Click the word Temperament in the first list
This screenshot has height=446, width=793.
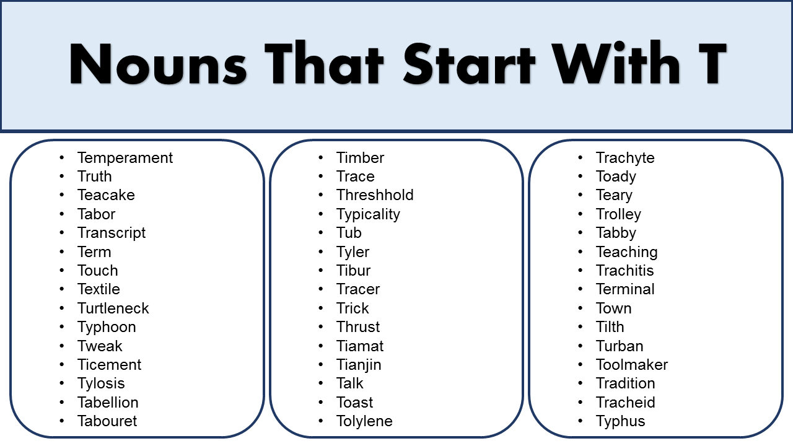coord(125,158)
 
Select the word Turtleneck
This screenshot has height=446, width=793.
coord(113,308)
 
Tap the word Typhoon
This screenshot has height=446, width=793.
coord(107,327)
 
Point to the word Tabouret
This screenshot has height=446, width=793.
coord(107,421)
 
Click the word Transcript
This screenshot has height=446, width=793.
coord(112,233)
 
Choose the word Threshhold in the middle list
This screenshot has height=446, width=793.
coord(375,195)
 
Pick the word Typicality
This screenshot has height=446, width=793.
coord(368,214)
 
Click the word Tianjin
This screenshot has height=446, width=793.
coord(359,365)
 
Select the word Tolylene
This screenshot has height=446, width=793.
coord(364,421)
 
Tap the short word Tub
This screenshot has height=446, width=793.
coord(349,233)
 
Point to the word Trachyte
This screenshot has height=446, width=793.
coord(625,158)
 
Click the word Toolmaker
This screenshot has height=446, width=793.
coord(632,365)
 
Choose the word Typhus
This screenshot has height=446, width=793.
coord(620,421)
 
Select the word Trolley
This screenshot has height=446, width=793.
coord(618,214)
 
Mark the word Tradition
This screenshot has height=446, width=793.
coord(625,383)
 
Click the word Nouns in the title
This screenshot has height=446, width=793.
coord(158,64)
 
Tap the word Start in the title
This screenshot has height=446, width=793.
coord(468,64)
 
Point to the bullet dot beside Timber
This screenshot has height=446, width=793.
coord(321,158)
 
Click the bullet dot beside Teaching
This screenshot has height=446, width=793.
coord(581,252)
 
